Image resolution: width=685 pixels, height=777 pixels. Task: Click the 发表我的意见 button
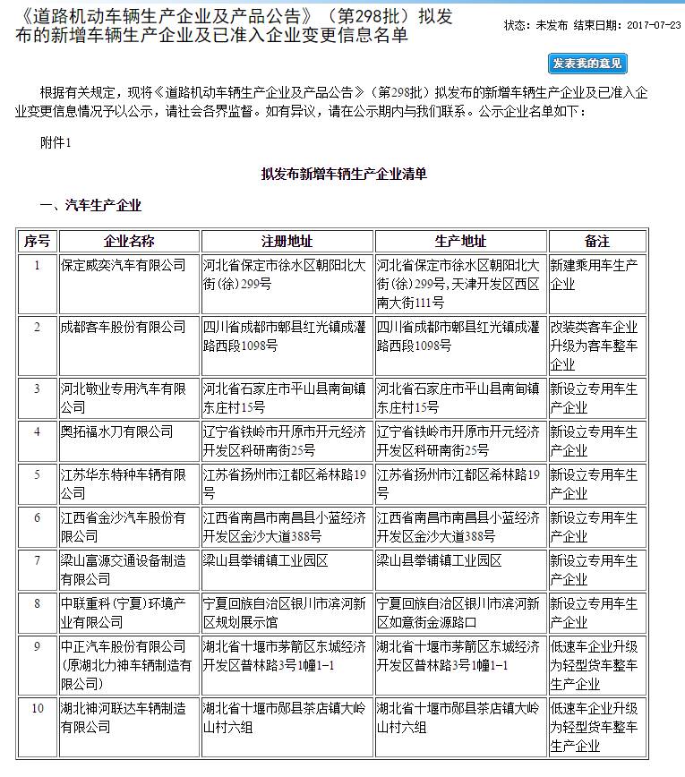pos(587,64)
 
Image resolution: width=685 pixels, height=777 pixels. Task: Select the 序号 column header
pos(37,242)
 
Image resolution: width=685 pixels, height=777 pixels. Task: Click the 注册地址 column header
pos(287,242)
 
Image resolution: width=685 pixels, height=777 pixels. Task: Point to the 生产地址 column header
pos(460,242)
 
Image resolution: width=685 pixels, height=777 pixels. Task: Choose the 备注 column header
pos(596,242)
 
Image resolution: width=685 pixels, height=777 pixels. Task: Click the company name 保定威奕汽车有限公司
pos(123,266)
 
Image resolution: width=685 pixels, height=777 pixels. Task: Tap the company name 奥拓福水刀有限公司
pos(116,431)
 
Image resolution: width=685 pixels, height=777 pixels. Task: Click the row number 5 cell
pos(37,474)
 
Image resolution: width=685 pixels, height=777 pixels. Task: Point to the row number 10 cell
pos(37,708)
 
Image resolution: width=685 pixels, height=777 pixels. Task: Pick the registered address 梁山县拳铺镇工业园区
pos(266,560)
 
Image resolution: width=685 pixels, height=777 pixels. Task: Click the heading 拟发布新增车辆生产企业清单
pos(344,174)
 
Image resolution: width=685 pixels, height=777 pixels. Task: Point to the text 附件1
pos(56,141)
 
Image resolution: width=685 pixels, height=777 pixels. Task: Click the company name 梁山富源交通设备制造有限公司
pos(123,569)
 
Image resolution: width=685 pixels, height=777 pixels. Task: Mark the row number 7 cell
pos(37,560)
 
